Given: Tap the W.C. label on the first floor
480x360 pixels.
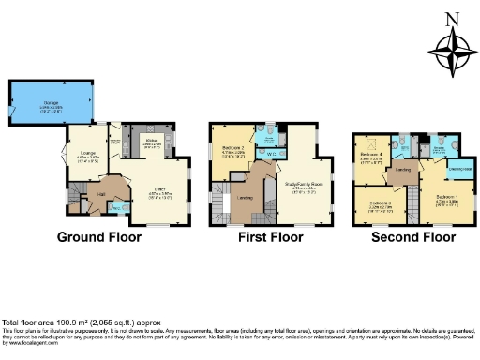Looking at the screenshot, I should [x=269, y=154].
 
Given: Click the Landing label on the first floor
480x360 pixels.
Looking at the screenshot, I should [x=245, y=197].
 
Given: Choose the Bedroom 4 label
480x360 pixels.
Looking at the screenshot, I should [x=374, y=156].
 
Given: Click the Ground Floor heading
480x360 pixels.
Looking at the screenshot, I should [x=99, y=237].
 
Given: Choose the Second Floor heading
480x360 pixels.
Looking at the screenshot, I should [x=408, y=237].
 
